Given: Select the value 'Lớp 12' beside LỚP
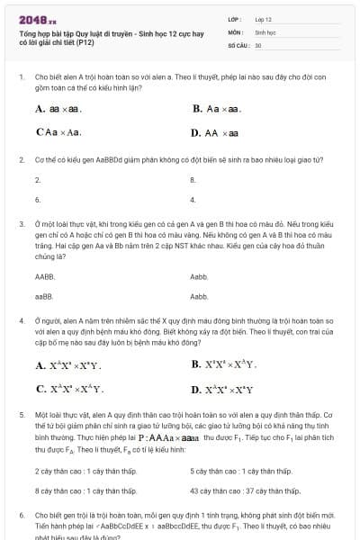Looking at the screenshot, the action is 263,18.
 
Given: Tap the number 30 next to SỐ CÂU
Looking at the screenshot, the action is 258,44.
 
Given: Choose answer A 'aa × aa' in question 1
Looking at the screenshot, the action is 58,109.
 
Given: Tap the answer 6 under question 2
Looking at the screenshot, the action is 38,199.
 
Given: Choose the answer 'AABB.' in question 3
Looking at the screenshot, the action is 45,277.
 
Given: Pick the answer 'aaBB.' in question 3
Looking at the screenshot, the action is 44,296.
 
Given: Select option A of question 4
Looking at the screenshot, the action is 68,365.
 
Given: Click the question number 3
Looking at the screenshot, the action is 21,222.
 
